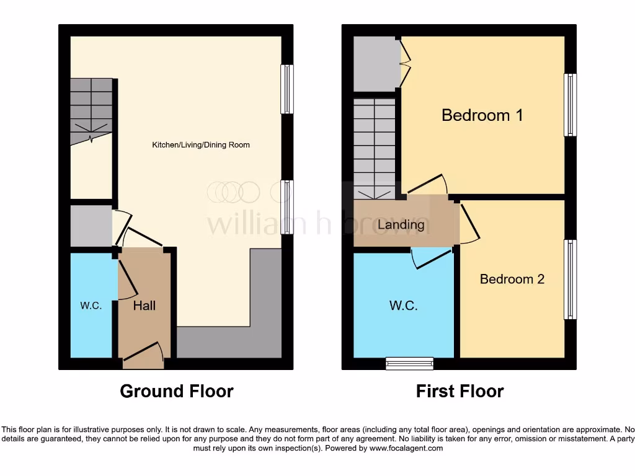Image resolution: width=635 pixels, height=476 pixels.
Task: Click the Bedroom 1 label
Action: [482, 115]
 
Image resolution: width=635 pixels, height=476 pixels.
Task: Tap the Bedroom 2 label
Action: [512, 279]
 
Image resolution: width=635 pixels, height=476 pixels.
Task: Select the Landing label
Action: [401, 224]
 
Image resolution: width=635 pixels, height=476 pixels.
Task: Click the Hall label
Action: [144, 305]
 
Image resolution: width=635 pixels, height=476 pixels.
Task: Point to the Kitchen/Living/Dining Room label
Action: [201, 145]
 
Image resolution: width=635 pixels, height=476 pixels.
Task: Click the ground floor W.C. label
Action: [91, 306]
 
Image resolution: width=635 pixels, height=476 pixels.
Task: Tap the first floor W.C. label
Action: [403, 305]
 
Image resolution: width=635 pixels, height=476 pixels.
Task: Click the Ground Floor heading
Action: [176, 391]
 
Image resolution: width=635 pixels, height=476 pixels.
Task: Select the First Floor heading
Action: [460, 391]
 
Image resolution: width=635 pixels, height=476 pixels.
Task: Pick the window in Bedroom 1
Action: [570, 105]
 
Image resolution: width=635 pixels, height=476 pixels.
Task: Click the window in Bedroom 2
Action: [570, 280]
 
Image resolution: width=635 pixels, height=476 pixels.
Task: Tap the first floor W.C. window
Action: [409, 363]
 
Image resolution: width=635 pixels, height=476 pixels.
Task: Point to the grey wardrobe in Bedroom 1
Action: [376, 64]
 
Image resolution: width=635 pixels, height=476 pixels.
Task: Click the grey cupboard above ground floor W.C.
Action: [91, 226]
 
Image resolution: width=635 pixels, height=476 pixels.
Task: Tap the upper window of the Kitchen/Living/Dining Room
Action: [286, 89]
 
